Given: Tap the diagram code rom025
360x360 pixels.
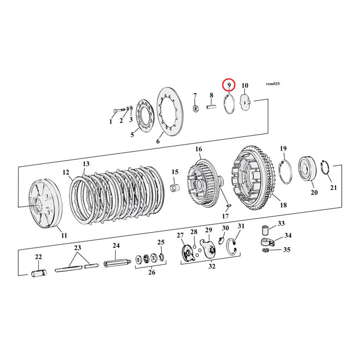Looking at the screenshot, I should [272, 84].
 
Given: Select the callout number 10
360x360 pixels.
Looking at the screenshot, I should [245, 85].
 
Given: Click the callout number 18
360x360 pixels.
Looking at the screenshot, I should [283, 205].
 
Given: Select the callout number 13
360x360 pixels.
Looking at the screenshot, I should [86, 164].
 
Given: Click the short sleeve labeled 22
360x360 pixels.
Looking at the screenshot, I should [39, 273].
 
